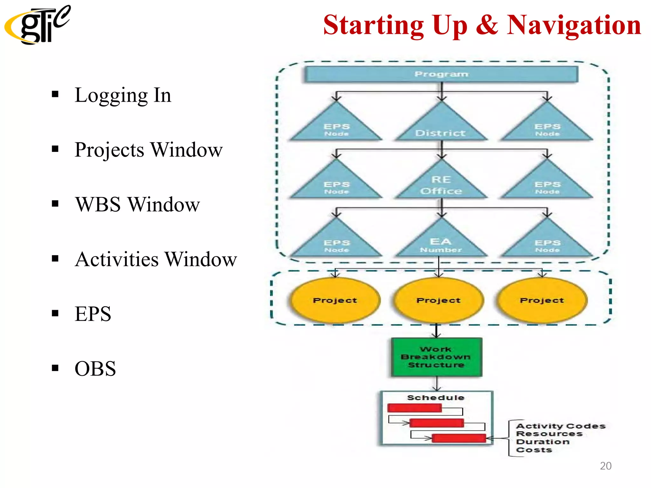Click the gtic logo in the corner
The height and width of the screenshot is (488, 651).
point(37,25)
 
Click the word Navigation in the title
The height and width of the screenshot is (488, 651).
point(573,25)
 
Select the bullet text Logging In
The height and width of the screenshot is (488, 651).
point(123,95)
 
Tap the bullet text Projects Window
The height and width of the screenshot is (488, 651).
point(148,150)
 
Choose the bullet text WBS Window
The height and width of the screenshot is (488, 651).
point(137,204)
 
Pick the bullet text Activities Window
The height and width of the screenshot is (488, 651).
point(156,259)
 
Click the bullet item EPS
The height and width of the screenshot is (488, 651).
point(93,314)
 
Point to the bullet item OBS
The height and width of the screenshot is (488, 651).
point(95,369)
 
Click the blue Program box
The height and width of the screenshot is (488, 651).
point(441,74)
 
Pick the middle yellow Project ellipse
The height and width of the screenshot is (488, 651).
point(438,300)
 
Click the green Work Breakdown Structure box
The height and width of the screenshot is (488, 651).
point(436,357)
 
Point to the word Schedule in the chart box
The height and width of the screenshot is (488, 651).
point(436,398)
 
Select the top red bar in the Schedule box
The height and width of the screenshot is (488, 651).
point(415,408)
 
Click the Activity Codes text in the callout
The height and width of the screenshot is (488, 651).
point(561,426)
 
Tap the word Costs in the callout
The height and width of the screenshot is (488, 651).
point(534,450)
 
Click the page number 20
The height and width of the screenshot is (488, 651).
point(606,466)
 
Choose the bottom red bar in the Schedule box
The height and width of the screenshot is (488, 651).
point(459,438)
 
